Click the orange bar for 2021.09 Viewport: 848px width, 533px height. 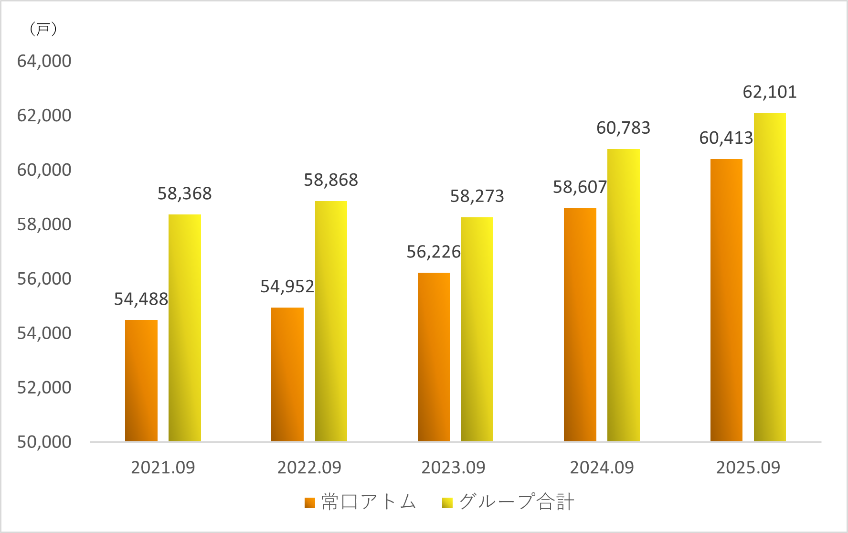point(141,381)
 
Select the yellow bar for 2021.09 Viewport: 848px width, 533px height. point(185,328)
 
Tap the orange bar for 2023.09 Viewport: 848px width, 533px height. point(434,357)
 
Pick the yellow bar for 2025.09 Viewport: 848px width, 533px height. point(770,277)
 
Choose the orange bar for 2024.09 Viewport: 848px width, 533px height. point(580,325)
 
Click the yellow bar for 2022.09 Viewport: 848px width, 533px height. point(331,321)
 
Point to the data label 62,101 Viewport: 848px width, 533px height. point(770,92)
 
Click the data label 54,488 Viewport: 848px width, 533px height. point(141,299)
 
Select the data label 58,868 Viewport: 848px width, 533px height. point(331,180)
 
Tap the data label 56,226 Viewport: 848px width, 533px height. point(434,252)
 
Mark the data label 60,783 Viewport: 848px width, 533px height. point(623,128)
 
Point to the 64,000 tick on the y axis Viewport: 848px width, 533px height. point(44,61)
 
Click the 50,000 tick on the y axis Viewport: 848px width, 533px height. point(44,442)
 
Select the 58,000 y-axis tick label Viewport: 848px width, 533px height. point(44,224)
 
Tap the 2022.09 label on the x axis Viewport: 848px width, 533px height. point(309,468)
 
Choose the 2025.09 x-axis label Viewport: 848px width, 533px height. point(748,468)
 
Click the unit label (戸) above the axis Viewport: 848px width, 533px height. point(43,29)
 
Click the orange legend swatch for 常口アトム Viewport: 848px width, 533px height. point(310,503)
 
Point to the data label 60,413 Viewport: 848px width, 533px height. point(726,138)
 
